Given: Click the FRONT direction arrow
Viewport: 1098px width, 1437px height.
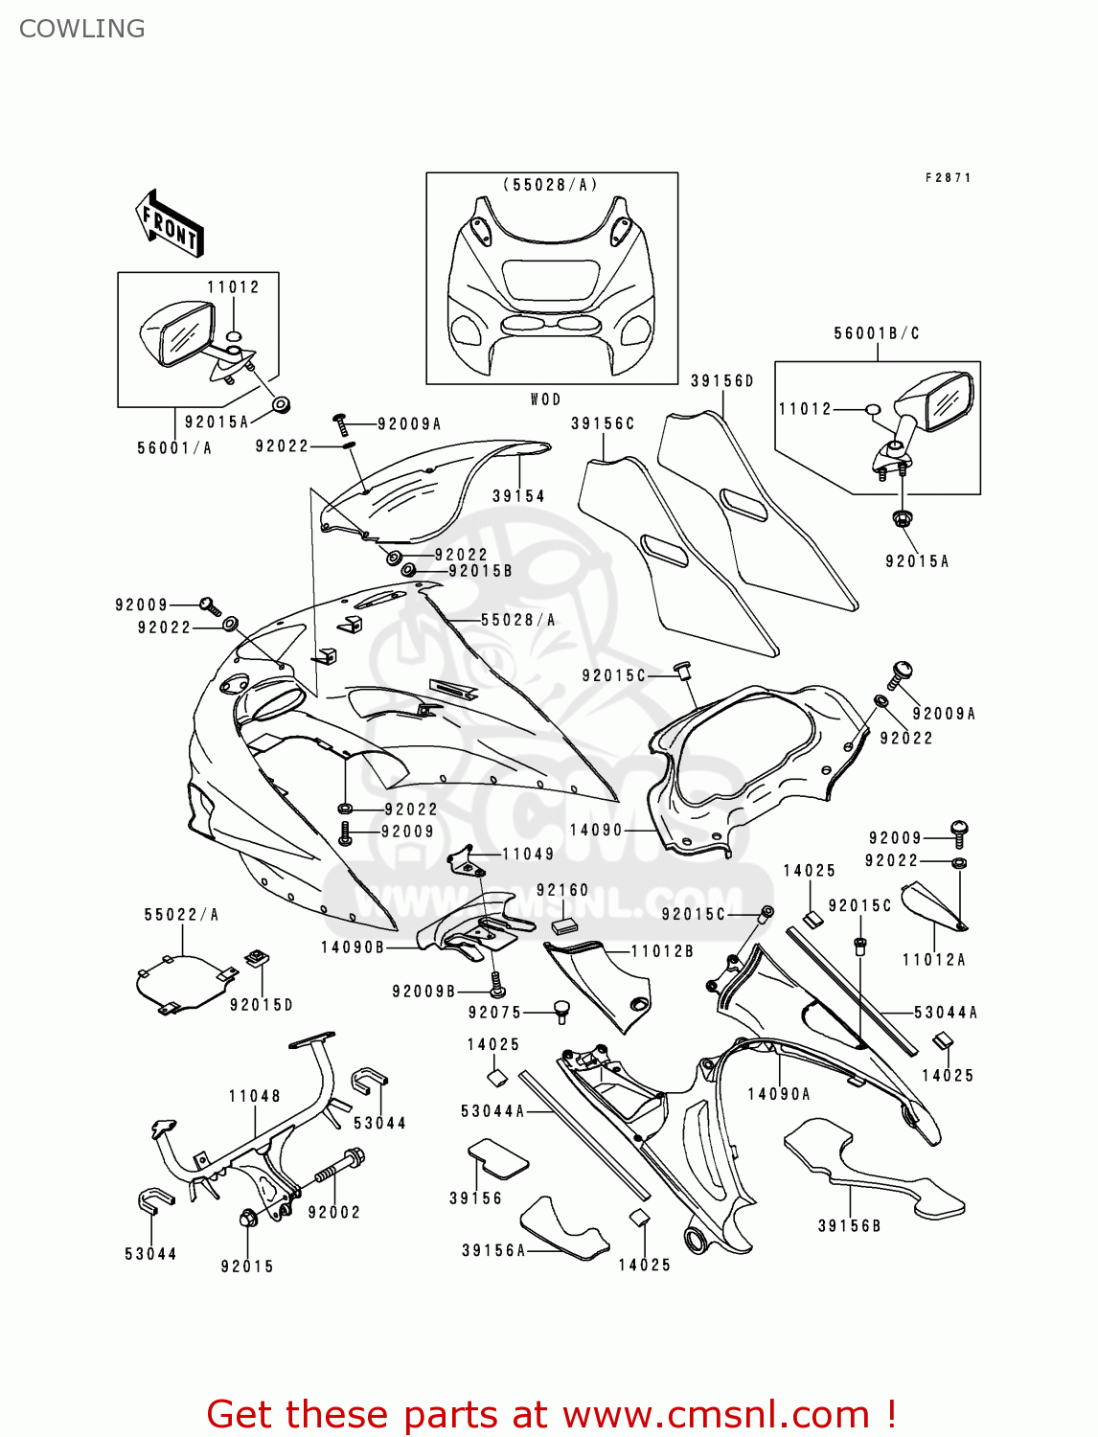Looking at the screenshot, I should pos(170,224).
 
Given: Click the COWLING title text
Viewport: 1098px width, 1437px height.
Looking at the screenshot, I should pos(82,29).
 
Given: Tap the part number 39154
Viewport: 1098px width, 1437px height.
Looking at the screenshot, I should pos(518,496).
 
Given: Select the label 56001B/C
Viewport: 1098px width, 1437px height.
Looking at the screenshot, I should pos(876,333).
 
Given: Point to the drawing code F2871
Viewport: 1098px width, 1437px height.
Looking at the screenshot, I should pos(948,178).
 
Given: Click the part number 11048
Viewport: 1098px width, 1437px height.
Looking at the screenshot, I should pos(254,1096).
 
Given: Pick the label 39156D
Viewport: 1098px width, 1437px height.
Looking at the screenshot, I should pos(722,381).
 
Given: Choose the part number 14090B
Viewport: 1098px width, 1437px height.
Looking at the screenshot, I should pos(352,947).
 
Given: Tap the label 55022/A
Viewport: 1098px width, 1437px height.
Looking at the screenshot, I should pos(181,915).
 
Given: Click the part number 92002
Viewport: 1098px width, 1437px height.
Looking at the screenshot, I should pos(333,1212).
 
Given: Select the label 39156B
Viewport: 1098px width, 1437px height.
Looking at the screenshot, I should pos(849,1226).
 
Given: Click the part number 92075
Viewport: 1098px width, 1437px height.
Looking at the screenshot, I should pos(494,1013).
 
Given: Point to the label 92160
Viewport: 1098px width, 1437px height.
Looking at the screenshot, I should pos(562,891).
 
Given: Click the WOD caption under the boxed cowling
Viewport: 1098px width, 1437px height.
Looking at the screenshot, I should pos(545,399).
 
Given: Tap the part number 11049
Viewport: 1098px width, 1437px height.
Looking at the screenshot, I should pos(528,854).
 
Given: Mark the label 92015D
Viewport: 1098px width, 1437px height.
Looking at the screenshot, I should pos(261,1005).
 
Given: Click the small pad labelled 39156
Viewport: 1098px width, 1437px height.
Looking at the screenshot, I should pos(497,1157).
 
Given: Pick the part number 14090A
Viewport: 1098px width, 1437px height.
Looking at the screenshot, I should pos(778,1094).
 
